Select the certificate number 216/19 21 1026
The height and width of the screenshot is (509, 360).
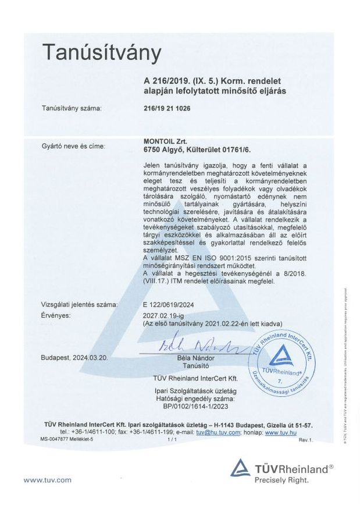point(166,109)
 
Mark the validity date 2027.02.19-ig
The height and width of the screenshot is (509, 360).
point(166,315)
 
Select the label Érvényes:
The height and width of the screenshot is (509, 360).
point(56,315)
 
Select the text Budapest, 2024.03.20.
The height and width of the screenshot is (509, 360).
point(74,358)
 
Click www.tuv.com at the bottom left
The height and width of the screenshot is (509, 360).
point(47,480)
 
